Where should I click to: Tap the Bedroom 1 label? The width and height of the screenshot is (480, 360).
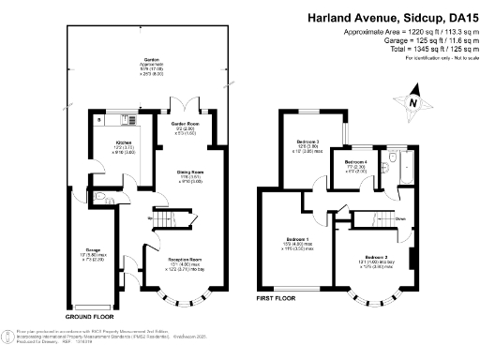click(x=295, y=240)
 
